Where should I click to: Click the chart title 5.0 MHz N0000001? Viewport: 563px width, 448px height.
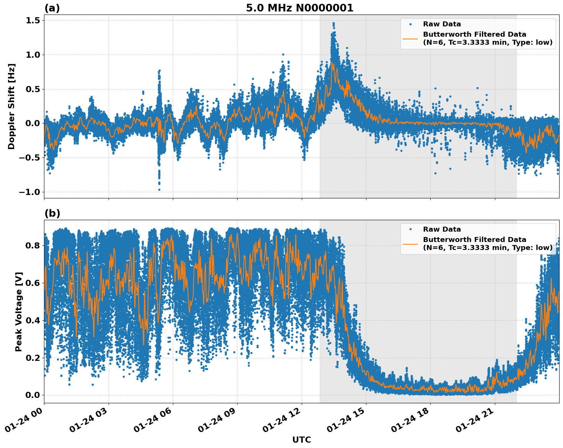(x=299, y=8)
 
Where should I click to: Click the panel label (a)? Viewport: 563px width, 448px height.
(x=52, y=8)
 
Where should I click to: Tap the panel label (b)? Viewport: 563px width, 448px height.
(x=52, y=213)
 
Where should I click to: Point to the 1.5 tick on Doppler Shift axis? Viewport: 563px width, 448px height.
(x=33, y=21)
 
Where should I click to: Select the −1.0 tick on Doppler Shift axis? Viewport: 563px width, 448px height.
(x=29, y=192)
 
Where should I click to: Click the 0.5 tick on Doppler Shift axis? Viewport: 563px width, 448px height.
(x=33, y=89)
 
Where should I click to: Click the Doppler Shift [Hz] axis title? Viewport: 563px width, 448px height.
(x=11, y=106)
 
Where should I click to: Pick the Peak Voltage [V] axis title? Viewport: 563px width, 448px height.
(x=19, y=312)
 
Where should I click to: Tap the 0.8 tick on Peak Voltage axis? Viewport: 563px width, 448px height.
(x=33, y=245)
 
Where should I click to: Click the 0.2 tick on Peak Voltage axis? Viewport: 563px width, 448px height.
(x=33, y=358)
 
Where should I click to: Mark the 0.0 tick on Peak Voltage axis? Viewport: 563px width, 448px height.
(x=33, y=395)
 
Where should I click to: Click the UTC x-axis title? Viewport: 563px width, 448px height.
(x=301, y=440)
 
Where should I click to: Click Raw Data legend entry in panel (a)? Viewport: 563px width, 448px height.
(x=442, y=24)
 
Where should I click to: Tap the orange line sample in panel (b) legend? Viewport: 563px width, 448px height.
(x=410, y=244)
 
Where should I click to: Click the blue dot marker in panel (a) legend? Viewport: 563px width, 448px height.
(x=410, y=24)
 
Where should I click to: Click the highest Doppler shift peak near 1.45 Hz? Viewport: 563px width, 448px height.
(x=334, y=23)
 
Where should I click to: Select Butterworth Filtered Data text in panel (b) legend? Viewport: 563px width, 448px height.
(x=474, y=240)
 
